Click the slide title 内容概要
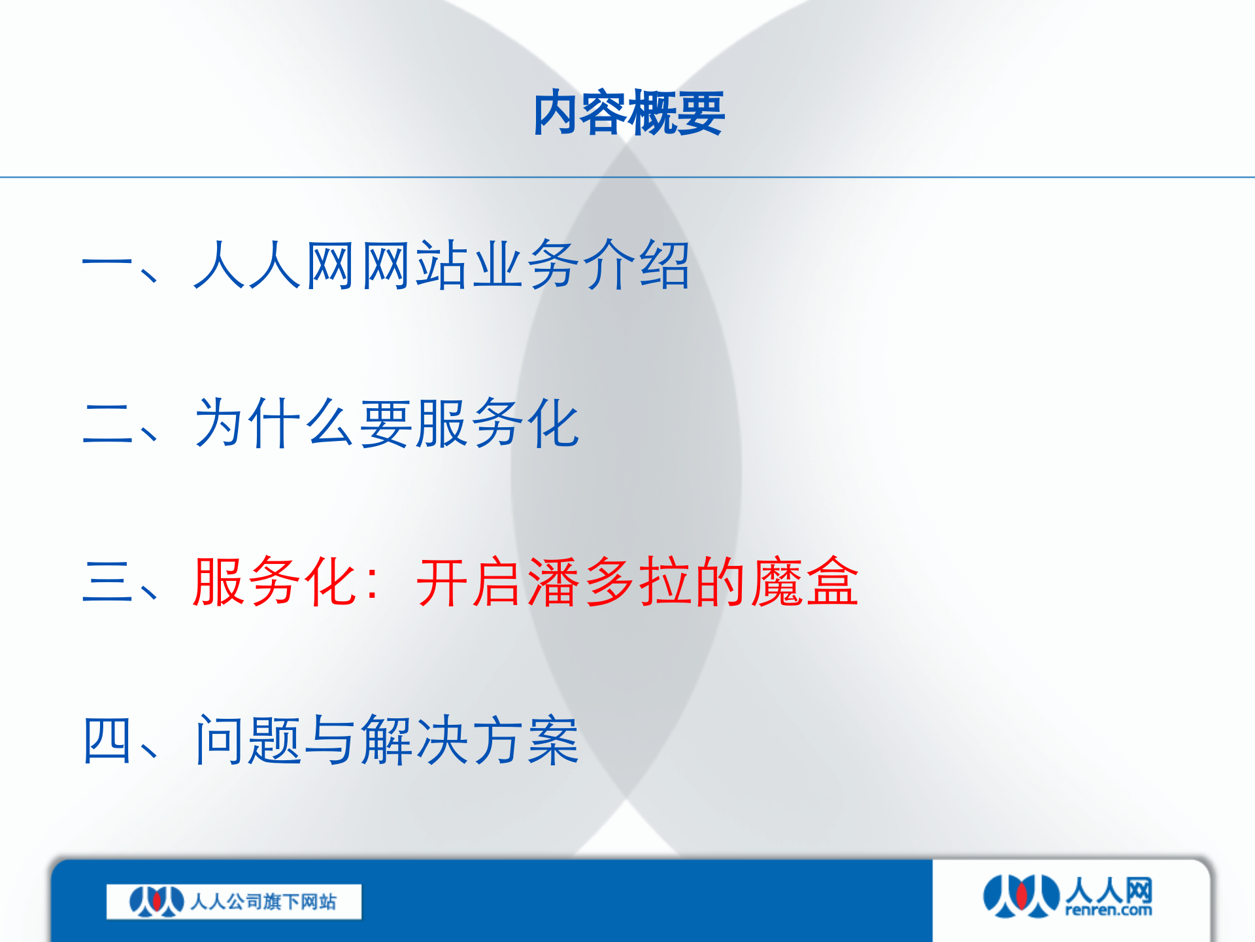pos(628,113)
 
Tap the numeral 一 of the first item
pos(107,265)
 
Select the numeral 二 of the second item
pos(107,424)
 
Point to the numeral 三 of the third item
pos(107,582)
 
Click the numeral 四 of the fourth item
pos(107,740)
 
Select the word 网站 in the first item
pos(414,265)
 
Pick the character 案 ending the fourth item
pos(553,740)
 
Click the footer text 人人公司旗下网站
pos(263,902)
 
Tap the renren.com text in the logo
pos(1109,910)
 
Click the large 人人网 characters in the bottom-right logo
pos(1109,890)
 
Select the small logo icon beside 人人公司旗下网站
pos(156,902)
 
